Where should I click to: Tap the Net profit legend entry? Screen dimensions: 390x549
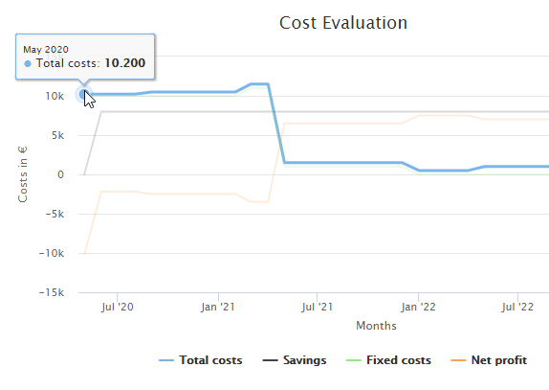498,360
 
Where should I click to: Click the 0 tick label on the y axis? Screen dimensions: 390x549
60,174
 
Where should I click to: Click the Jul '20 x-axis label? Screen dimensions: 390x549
117,308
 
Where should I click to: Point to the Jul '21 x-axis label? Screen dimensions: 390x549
317,308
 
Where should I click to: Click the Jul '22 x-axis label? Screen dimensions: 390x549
517,308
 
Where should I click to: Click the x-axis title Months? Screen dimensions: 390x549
376,326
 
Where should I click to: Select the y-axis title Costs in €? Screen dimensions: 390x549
23,169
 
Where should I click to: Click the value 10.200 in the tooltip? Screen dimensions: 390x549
124,63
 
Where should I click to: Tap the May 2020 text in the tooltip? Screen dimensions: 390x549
46,49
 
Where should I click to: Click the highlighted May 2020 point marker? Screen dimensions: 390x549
84,94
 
